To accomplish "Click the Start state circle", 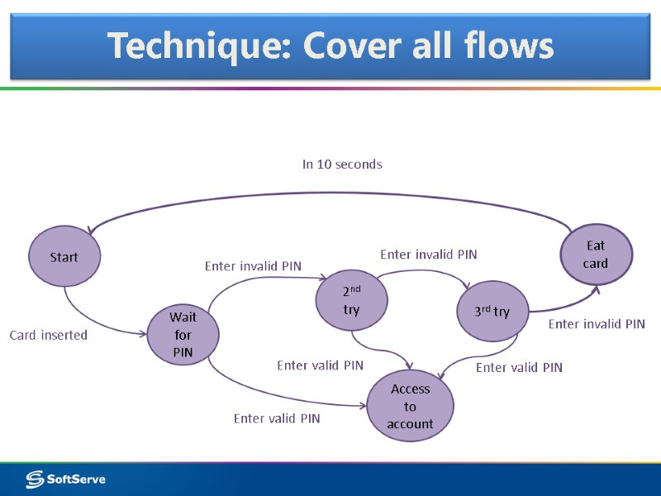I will [x=64, y=257].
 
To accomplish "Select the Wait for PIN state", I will [x=182, y=335].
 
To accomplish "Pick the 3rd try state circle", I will [x=492, y=312].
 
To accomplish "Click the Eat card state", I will [x=596, y=255].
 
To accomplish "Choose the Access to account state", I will [x=411, y=406].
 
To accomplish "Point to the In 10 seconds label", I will [x=342, y=165].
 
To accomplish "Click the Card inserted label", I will [x=48, y=336].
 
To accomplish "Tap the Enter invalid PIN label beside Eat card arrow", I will [x=597, y=324].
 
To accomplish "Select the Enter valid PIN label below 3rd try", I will [x=519, y=367].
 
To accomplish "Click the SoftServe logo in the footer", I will [x=66, y=479].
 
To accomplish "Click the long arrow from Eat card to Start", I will [x=330, y=195].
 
